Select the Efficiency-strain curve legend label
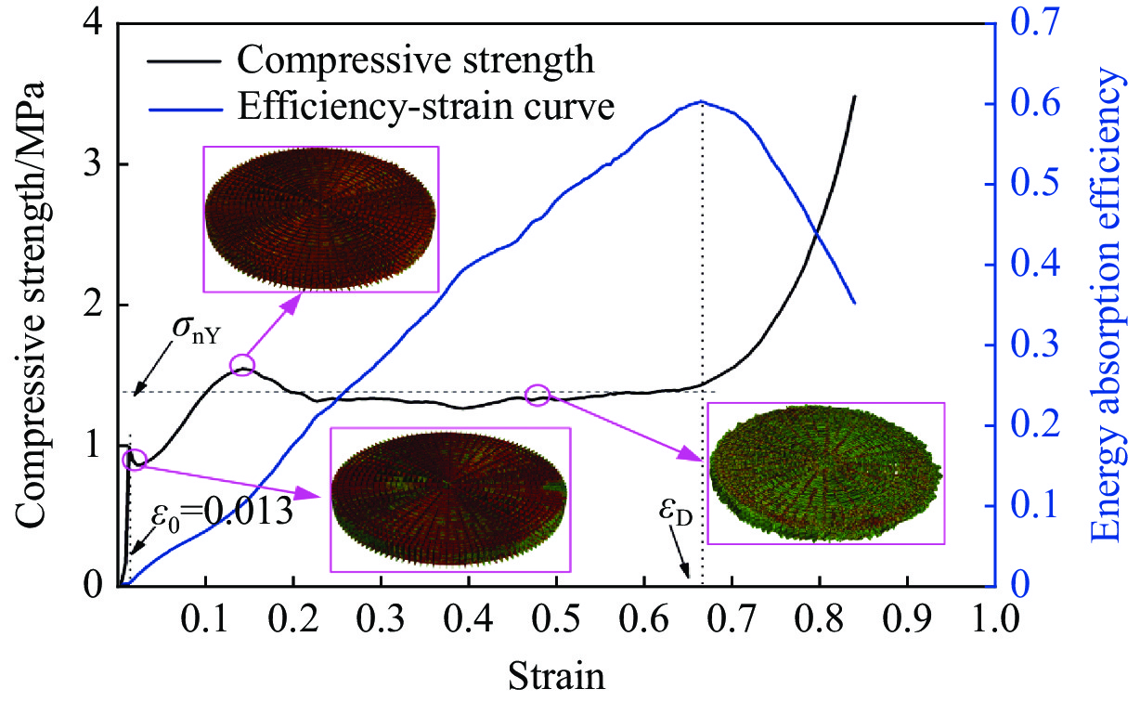pyautogui.click(x=426, y=108)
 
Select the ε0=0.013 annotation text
pyautogui.click(x=222, y=512)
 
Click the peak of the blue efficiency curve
pyautogui.click(x=701, y=101)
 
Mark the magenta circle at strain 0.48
pyautogui.click(x=537, y=395)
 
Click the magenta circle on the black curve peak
pyautogui.click(x=242, y=365)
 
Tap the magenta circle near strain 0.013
pyautogui.click(x=135, y=460)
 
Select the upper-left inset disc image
pyautogui.click(x=320, y=218)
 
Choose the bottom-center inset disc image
pyautogui.click(x=449, y=500)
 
